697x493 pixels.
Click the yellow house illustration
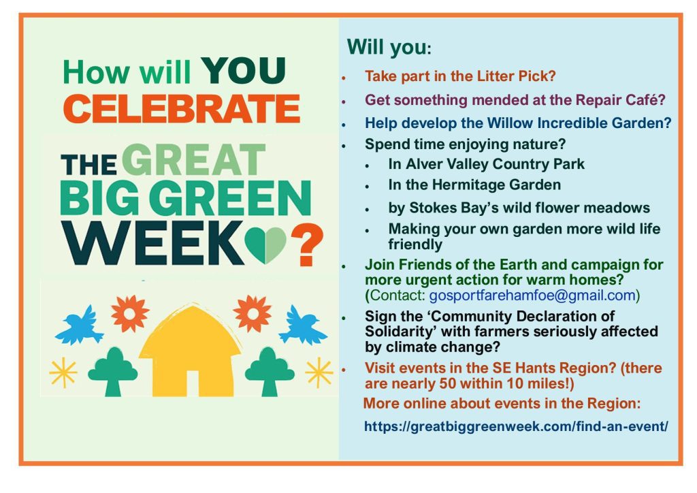(191, 351)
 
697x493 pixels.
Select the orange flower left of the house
(130, 313)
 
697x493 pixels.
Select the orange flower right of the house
(252, 313)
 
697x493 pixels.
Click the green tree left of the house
(113, 372)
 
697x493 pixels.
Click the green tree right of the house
(270, 372)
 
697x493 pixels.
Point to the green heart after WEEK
(265, 244)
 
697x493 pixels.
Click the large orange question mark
(307, 244)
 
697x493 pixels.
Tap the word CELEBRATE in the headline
(182, 109)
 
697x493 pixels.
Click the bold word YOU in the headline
(243, 71)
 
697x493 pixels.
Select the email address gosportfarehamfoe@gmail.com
(532, 295)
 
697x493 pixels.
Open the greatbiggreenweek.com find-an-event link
(516, 426)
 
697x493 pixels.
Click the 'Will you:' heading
(389, 47)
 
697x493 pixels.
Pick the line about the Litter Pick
(461, 76)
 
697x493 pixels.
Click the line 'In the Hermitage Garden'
(474, 185)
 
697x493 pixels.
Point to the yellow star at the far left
(63, 372)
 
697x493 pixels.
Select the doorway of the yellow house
(192, 383)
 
